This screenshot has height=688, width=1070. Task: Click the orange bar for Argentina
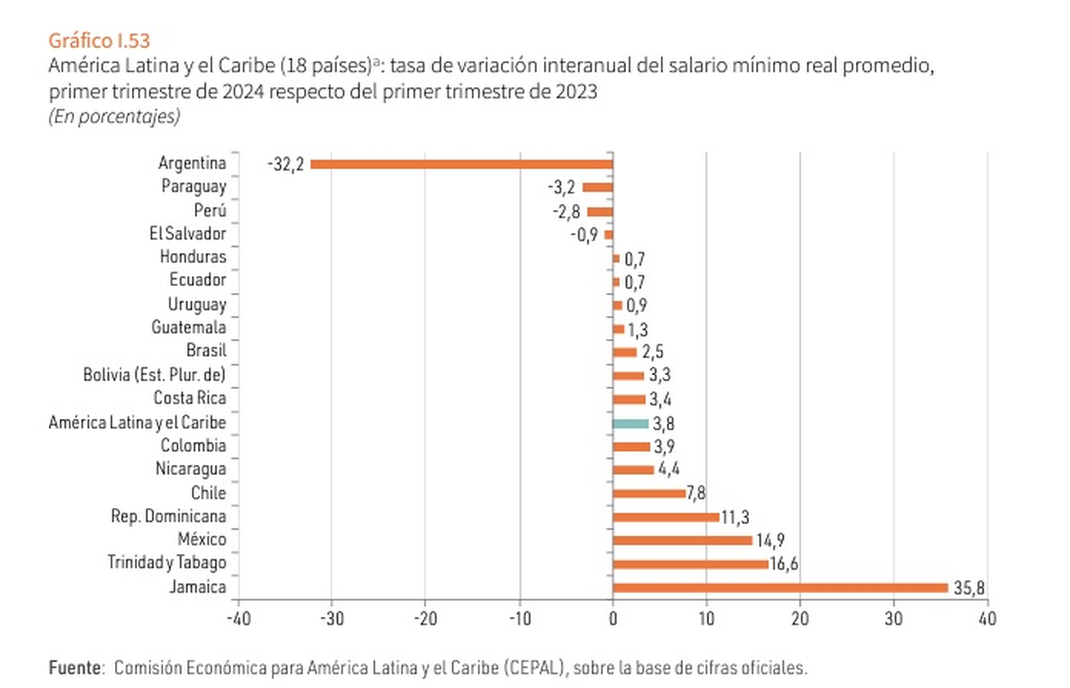[461, 164]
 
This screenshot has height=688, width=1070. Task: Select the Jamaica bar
[780, 587]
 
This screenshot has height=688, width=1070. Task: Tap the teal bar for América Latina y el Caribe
[630, 423]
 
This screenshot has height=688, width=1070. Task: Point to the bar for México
[682, 540]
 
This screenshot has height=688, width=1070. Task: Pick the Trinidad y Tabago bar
[690, 563]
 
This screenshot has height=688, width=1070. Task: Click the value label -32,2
[285, 164]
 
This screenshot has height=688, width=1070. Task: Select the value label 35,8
[968, 588]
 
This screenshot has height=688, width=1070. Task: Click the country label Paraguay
[193, 187]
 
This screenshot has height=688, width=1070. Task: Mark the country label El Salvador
[188, 234]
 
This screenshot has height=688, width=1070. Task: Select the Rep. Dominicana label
[169, 516]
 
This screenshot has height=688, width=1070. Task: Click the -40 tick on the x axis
[238, 618]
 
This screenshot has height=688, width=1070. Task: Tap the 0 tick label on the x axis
[613, 618]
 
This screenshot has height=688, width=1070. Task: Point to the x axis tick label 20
[800, 618]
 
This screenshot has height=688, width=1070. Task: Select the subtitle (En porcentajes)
[114, 116]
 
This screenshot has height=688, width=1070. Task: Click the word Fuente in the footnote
[75, 667]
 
